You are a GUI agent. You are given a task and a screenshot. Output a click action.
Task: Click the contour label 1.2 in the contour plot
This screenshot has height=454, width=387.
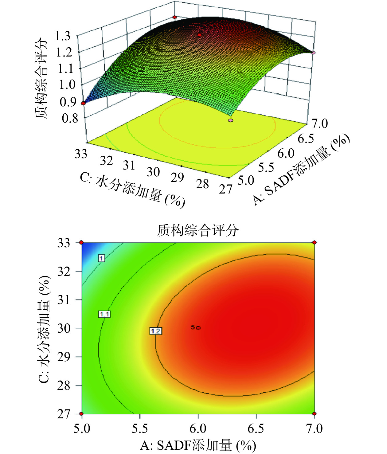click(155, 331)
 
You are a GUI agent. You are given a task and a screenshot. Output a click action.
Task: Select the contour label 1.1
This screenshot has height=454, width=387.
click(104, 314)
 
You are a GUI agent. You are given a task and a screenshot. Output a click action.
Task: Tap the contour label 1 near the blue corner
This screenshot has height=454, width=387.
click(101, 258)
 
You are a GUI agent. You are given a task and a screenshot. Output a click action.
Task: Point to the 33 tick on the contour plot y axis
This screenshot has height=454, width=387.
click(64, 243)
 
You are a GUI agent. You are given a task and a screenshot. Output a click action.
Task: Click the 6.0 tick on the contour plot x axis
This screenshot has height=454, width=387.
click(198, 428)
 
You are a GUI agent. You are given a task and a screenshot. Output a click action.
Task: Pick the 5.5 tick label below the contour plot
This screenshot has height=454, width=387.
click(140, 428)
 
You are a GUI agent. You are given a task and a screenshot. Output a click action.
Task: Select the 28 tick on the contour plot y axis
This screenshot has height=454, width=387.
click(64, 385)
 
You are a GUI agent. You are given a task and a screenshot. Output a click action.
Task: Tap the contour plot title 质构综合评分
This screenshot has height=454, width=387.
click(198, 230)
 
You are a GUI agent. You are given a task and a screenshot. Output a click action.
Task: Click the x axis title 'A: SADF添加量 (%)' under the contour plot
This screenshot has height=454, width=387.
click(198, 445)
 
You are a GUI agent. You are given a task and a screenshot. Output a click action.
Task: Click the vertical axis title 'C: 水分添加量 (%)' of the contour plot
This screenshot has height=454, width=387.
click(44, 329)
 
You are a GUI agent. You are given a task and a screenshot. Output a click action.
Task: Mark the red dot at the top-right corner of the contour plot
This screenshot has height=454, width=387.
click(315, 243)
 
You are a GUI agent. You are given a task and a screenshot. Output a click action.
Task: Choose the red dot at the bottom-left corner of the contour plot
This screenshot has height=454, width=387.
click(81, 414)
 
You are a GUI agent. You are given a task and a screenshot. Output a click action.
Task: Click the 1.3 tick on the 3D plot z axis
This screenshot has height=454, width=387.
click(63, 36)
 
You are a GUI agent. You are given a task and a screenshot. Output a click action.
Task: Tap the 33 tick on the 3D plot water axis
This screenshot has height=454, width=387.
click(81, 154)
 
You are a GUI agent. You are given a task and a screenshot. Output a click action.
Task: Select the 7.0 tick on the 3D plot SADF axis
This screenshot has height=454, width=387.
click(320, 123)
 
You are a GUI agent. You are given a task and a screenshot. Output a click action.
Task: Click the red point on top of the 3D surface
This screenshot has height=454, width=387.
click(199, 35)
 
